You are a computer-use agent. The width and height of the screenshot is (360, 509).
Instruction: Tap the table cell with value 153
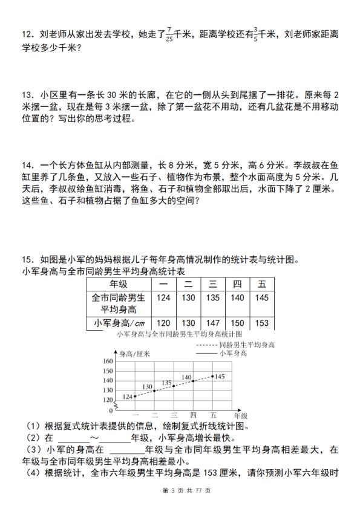pos(261,323)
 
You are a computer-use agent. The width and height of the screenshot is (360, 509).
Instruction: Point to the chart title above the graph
pos(180,334)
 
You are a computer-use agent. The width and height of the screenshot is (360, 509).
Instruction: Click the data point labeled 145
pos(213,375)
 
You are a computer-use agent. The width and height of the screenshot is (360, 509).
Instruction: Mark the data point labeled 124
pos(135,396)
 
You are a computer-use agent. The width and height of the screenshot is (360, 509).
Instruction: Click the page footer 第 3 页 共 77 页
pos(180,490)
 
